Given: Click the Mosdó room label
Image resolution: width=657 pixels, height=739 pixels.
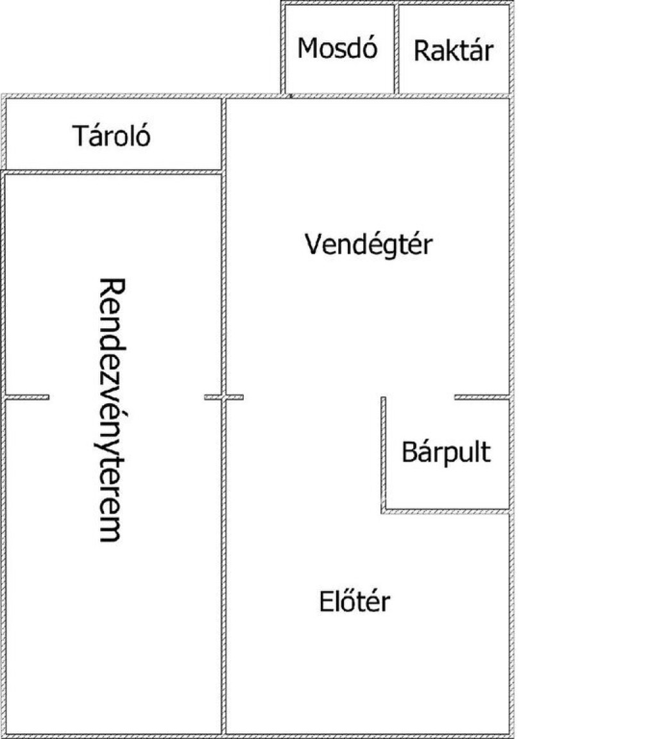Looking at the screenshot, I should tap(337, 49).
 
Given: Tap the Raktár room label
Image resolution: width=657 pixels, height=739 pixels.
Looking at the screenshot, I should tap(454, 51).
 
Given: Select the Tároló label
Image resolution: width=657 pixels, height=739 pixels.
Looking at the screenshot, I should tap(112, 136).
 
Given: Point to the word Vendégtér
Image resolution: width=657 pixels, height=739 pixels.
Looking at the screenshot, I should tap(369, 244).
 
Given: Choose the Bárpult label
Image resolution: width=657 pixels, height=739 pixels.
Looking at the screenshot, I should tap(446, 452).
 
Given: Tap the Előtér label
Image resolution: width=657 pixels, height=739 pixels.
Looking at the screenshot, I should tap(355, 602).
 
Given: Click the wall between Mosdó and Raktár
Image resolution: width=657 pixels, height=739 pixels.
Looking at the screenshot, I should tap(396, 49).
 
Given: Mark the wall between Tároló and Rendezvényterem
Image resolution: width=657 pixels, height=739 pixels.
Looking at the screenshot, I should tap(112, 172).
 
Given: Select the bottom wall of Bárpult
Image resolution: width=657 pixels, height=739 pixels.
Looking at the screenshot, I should tap(446, 511).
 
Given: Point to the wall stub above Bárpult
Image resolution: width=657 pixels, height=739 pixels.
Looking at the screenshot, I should tap(481, 397).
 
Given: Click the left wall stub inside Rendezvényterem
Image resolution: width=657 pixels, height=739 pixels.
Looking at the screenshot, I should tap(27, 397).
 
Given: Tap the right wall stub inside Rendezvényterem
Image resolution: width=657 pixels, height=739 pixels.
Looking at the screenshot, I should tap(213, 397).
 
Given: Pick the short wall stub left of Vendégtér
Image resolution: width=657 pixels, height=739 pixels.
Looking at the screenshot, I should tap(234, 397).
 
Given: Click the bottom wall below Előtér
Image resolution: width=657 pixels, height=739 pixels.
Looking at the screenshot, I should tap(369, 735).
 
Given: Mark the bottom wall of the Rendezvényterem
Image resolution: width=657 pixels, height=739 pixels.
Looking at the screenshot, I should tap(112, 735).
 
